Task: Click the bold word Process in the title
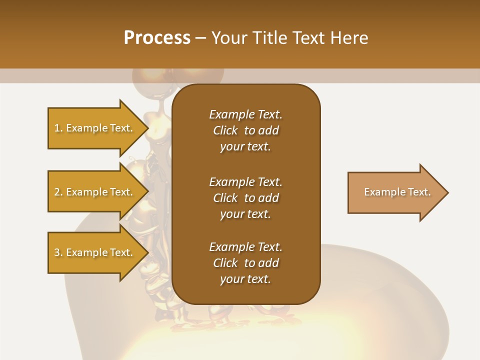tap(157, 38)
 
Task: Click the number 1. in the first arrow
tap(58, 128)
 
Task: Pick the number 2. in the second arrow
tap(58, 192)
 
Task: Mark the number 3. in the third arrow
tap(58, 252)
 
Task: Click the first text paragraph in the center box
tap(245, 130)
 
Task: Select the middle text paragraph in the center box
tap(245, 197)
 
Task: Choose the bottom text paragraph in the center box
tap(245, 263)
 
